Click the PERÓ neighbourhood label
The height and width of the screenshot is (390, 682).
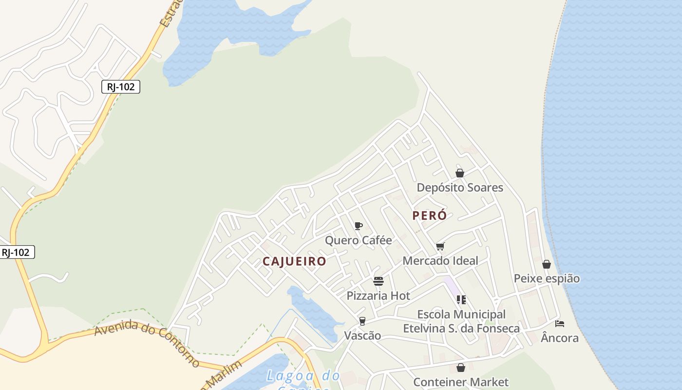[x=429, y=215]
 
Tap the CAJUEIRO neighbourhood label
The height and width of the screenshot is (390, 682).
[x=294, y=261]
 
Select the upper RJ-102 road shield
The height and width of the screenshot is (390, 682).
[x=121, y=87]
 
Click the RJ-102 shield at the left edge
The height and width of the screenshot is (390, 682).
[x=16, y=252]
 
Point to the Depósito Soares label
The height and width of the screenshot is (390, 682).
[x=459, y=188]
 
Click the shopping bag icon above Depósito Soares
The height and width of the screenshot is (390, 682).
[x=459, y=173]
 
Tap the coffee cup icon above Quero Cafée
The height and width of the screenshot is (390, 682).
[x=359, y=226]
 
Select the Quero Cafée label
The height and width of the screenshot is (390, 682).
[x=358, y=240]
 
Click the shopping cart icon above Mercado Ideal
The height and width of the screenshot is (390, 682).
[x=440, y=246]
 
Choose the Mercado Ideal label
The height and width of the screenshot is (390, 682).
[x=440, y=261]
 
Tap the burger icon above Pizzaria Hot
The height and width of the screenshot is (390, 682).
[x=379, y=281]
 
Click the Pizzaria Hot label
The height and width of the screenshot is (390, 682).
[x=378, y=296]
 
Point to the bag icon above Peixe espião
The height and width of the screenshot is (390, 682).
[x=547, y=264]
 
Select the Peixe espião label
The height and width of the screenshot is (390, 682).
[x=547, y=279]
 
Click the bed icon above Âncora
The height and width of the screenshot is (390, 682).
[x=560, y=324]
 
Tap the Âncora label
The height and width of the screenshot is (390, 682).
[x=560, y=338]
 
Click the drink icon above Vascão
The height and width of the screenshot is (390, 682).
[x=362, y=321]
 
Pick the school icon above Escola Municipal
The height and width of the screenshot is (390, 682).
[x=461, y=299]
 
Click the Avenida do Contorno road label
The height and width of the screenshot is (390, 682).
[x=147, y=343]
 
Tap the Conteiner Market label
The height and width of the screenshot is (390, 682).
[x=460, y=382]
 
